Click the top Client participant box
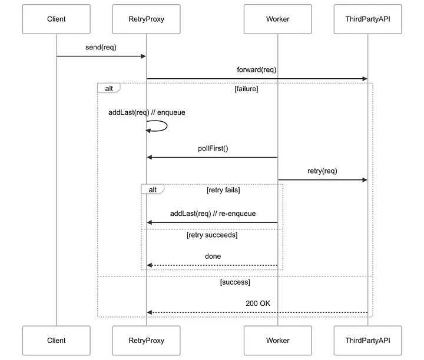point(57,19)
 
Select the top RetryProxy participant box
point(146,19)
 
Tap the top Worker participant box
point(277,19)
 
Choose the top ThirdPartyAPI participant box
point(367,19)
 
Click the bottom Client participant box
point(57,340)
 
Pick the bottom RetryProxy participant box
point(146,340)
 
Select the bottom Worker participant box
point(277,340)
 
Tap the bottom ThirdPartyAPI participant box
point(367,340)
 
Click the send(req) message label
point(101,47)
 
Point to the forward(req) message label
point(257,69)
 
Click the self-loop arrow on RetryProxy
point(160,126)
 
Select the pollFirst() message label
point(213,148)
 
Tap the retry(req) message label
point(322,171)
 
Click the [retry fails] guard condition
point(223,189)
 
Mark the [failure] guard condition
point(246,89)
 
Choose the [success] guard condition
point(235,282)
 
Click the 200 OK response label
point(258,304)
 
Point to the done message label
point(213,256)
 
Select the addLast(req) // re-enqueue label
point(213,214)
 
